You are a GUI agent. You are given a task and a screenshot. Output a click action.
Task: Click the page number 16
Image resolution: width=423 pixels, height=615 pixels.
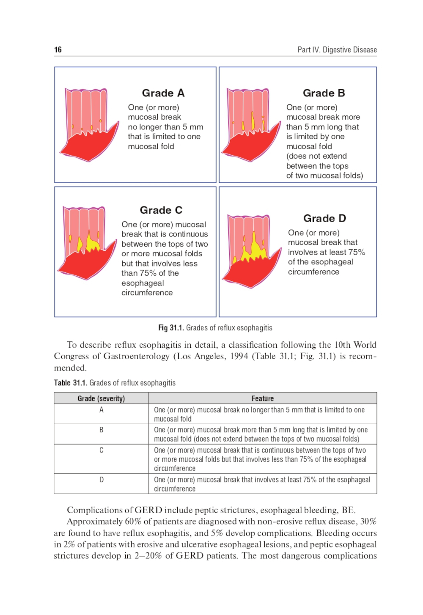[58, 49]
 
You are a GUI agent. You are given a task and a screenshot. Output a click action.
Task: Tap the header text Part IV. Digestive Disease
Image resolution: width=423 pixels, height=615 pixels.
[337, 49]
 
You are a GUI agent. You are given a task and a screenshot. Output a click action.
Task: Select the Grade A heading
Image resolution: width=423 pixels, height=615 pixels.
[163, 93]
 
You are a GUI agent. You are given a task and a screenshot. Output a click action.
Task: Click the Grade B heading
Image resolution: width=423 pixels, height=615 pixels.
[324, 93]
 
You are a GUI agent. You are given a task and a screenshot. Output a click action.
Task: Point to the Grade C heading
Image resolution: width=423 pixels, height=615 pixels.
[161, 210]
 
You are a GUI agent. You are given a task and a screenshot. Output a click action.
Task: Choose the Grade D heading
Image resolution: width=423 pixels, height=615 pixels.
[324, 218]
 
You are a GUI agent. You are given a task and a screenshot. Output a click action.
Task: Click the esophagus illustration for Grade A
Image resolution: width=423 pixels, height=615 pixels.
[89, 125]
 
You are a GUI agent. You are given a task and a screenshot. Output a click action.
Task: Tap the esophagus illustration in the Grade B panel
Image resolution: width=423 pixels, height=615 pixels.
[251, 125]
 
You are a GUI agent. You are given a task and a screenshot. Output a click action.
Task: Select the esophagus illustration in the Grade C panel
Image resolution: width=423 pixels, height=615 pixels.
[87, 243]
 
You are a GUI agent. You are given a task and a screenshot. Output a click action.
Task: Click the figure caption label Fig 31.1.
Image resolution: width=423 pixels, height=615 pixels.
[171, 327]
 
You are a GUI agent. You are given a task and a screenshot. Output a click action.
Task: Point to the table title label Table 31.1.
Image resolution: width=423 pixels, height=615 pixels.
[71, 383]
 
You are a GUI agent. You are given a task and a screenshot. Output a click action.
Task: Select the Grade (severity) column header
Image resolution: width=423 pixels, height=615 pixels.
[101, 398]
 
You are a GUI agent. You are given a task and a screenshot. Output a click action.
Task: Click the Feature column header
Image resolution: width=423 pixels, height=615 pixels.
[262, 398]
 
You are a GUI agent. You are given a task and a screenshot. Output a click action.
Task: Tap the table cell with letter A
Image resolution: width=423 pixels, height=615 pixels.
[101, 414]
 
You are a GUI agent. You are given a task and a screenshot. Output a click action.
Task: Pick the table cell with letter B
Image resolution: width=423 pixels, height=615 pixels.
[101, 434]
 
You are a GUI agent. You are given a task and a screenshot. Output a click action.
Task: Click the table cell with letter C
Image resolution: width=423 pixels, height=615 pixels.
[101, 459]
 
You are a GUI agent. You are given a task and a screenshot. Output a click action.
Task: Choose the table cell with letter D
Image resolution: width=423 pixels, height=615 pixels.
[101, 483]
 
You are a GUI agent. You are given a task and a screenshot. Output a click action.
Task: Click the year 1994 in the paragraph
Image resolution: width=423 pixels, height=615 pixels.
[240, 356]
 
